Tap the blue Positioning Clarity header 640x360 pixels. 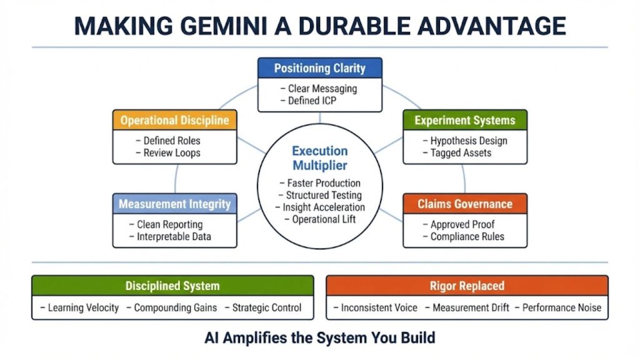[319, 69]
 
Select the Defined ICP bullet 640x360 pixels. [312, 101]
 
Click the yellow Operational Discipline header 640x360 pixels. [175, 120]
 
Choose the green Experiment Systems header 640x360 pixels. [465, 120]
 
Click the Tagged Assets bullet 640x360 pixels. [461, 152]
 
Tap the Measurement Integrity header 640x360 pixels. [175, 204]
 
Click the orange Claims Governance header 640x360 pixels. [465, 204]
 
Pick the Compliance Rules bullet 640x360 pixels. [467, 236]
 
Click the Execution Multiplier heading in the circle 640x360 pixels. [320, 158]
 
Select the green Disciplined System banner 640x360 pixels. [172, 286]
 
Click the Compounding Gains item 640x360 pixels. [176, 307]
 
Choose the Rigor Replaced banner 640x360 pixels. [467, 286]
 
